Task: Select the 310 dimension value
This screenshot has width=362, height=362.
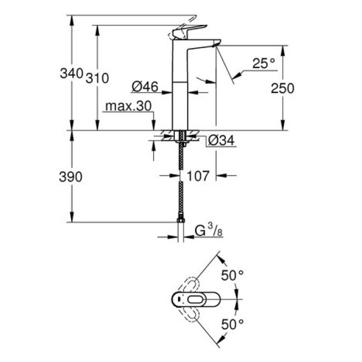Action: point(97,79)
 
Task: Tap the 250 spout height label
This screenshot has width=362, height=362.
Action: point(282,88)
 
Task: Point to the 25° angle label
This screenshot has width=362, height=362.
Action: point(264,64)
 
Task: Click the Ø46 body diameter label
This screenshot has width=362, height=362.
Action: point(144,87)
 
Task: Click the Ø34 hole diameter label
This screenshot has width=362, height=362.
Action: point(221,140)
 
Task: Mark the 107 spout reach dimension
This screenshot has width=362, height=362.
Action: point(198,176)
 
